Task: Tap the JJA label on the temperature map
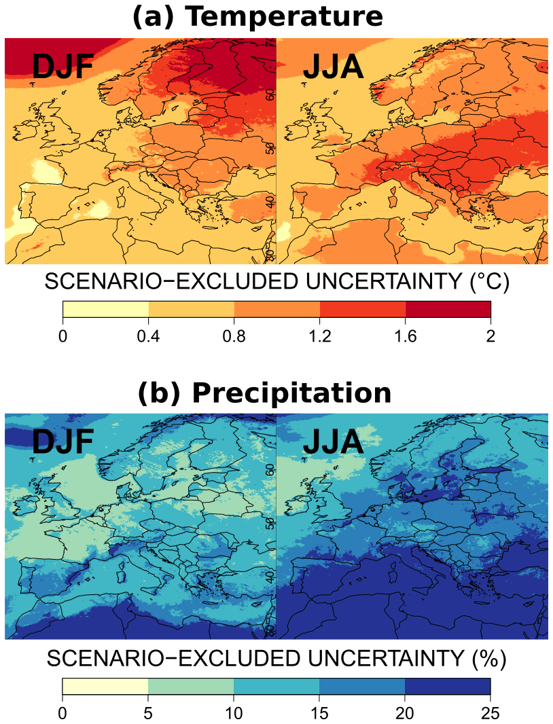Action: pyautogui.click(x=334, y=69)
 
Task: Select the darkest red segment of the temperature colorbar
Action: pyautogui.click(x=448, y=309)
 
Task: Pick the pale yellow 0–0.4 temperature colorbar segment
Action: pyautogui.click(x=105, y=309)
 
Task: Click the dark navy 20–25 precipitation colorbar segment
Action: pyautogui.click(x=448, y=685)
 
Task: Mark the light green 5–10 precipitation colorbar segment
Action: pyautogui.click(x=191, y=685)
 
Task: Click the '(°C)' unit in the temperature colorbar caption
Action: pyautogui.click(x=487, y=282)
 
